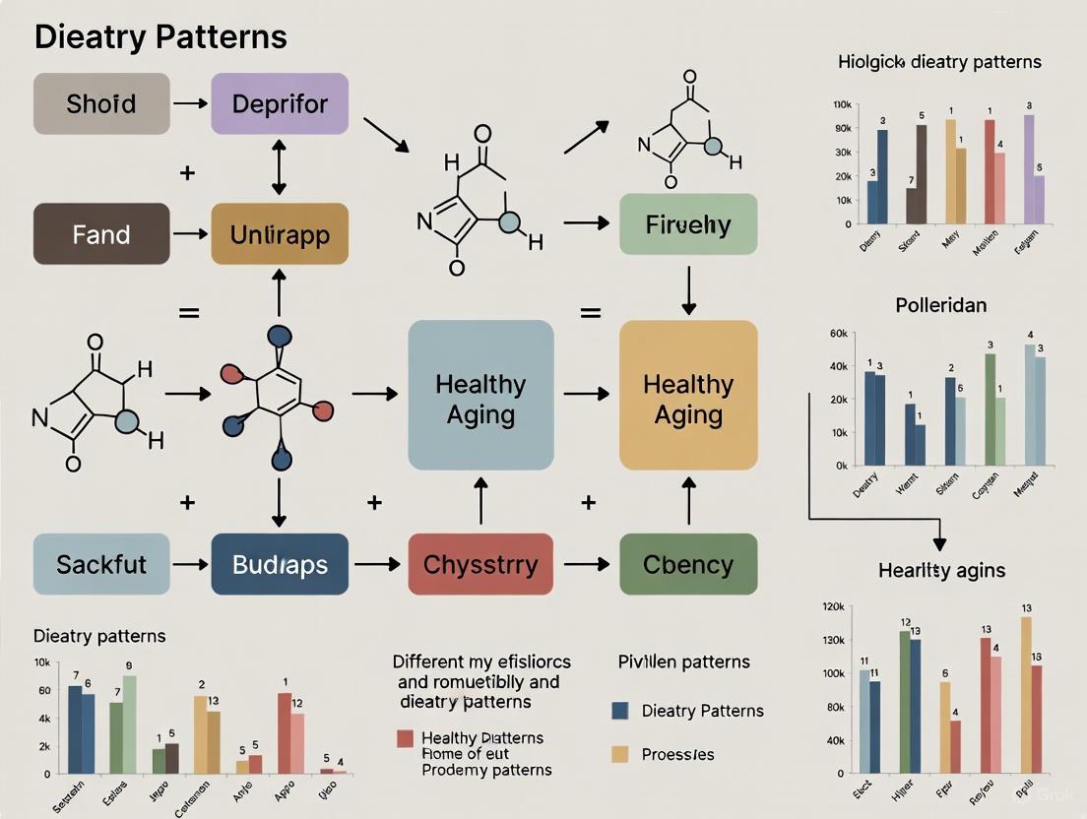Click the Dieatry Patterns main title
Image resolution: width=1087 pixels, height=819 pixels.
[160, 37]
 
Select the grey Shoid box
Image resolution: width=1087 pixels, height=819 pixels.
[101, 103]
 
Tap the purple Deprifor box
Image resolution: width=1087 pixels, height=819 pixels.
[280, 103]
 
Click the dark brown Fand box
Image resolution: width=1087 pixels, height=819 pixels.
[101, 234]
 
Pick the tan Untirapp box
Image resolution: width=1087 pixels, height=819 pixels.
[280, 234]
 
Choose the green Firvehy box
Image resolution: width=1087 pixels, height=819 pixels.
[688, 224]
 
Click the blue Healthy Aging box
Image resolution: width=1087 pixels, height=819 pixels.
[480, 395]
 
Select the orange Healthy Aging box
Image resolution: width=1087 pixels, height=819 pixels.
[688, 395]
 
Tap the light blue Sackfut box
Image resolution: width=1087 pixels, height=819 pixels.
[101, 564]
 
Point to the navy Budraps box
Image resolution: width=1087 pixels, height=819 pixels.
[280, 564]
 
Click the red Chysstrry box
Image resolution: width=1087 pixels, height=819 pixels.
[480, 564]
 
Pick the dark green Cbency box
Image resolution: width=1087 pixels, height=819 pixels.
[688, 564]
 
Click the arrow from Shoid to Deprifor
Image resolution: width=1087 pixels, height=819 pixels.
[190, 103]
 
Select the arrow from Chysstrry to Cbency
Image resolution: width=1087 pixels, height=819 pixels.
[587, 564]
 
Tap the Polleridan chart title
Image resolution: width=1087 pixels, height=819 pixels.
[940, 305]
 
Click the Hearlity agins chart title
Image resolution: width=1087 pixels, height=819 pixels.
[940, 571]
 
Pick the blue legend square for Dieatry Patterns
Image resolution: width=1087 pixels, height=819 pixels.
[620, 711]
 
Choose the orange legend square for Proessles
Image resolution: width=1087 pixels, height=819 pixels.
[620, 754]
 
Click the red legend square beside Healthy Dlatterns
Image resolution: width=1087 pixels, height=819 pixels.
[405, 738]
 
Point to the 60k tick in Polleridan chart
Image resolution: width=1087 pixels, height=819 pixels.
[839, 334]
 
